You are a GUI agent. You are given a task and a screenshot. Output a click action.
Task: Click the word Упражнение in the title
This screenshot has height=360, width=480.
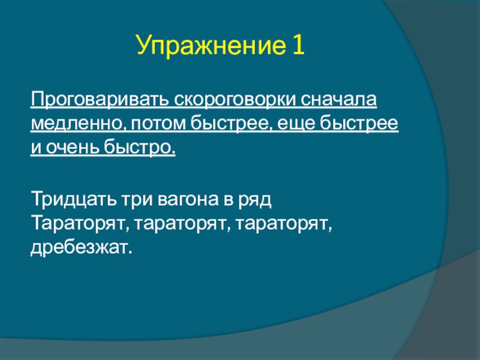(211, 46)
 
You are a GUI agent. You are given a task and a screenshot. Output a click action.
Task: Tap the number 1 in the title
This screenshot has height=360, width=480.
(298, 44)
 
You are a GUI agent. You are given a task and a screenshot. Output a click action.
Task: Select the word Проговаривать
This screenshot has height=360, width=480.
(100, 100)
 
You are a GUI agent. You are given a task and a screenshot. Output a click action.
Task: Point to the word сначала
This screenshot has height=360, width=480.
(338, 99)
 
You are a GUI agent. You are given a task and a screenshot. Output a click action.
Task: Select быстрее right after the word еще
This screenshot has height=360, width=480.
(359, 124)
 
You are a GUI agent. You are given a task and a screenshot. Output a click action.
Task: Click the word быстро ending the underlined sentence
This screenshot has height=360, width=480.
(140, 146)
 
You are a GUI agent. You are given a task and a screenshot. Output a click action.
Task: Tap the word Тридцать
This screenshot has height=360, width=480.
(74, 199)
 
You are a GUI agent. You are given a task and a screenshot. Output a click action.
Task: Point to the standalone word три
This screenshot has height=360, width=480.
(137, 200)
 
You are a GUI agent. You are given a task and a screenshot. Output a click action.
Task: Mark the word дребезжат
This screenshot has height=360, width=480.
(82, 247)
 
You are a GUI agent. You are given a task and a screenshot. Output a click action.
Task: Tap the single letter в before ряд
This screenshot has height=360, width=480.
(229, 200)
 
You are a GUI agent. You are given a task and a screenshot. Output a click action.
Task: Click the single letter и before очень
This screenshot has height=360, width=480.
(36, 148)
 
